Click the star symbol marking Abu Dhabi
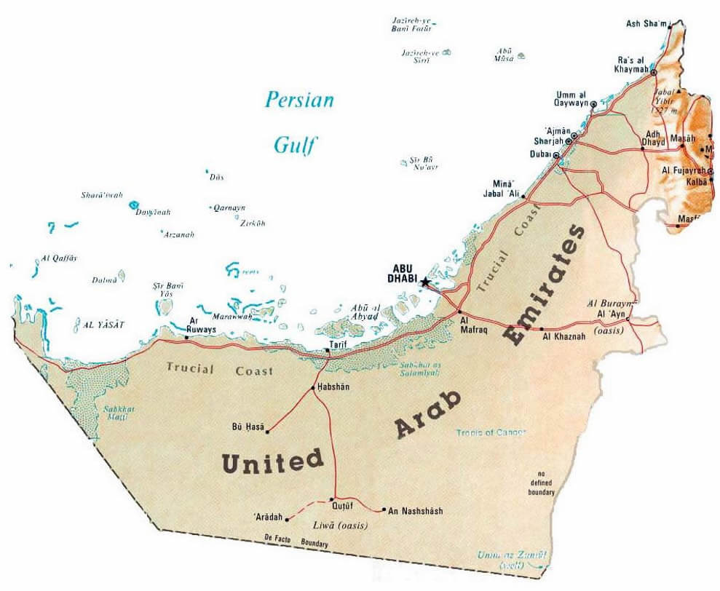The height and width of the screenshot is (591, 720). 425,282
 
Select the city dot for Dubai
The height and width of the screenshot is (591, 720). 557,156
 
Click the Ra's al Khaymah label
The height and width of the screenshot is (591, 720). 622,64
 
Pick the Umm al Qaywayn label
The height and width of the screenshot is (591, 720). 571,100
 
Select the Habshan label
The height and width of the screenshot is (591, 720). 333,387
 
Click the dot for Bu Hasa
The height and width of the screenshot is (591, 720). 268,432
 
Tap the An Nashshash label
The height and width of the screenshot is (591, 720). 416,511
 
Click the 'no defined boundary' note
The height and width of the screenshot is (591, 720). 542,483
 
